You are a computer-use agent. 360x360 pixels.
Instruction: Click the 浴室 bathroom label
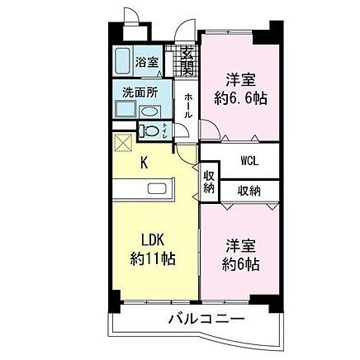[x=147, y=61]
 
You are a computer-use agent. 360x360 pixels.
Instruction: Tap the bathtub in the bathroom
[x=123, y=61]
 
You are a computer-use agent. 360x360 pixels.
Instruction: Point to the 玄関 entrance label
[x=187, y=61]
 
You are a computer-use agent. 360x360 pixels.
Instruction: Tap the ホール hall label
[x=188, y=105]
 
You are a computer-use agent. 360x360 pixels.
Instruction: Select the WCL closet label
[x=250, y=161]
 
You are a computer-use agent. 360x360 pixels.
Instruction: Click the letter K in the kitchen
[x=143, y=162]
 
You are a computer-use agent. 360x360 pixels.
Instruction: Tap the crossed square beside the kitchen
[x=125, y=142]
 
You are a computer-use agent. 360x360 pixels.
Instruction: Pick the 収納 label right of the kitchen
[x=209, y=182]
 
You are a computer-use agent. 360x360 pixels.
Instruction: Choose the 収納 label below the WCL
[x=250, y=191]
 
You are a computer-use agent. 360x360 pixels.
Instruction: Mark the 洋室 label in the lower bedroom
[x=241, y=246]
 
